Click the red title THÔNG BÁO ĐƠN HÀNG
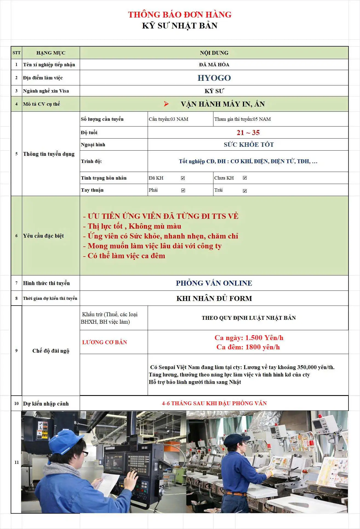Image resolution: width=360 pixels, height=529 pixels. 180,15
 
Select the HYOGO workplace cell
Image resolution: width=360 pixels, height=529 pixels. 214,78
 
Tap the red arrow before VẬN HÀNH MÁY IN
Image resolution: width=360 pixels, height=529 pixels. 166,104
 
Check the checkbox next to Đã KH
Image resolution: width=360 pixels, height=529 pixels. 183,178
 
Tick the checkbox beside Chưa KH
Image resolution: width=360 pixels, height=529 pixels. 245,178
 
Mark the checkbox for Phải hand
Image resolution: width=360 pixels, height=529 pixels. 183,191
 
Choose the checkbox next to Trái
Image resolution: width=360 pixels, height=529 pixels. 245,191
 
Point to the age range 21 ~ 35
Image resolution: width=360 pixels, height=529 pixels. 248,133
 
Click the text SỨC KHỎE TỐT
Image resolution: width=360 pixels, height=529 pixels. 248,145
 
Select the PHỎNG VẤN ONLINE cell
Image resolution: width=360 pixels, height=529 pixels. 214,283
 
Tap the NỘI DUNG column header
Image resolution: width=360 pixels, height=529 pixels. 214,53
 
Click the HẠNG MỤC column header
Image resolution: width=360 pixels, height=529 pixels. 51,53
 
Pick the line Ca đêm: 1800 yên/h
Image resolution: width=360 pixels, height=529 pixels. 248,347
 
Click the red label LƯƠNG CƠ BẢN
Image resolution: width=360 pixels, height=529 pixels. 104,342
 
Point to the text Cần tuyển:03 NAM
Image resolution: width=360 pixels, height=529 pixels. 168,119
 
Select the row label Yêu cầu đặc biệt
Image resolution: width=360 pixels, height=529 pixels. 43,236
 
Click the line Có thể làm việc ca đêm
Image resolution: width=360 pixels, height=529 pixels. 126,256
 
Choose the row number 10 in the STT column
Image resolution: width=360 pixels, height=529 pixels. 16,404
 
